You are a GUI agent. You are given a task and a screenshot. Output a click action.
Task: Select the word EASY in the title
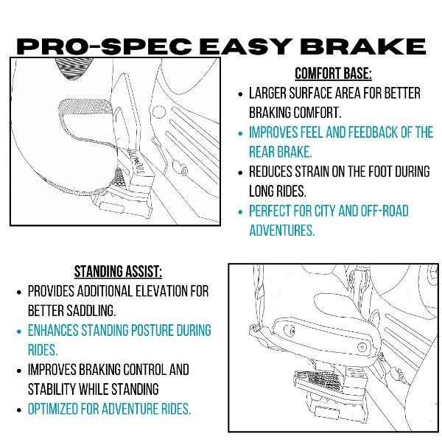pos(244,46)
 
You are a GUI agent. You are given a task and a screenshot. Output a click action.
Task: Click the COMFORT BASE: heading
pos(332,74)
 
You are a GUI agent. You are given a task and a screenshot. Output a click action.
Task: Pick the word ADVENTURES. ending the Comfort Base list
pos(281,231)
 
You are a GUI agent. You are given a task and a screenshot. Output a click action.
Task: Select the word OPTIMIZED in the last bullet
pos(60,408)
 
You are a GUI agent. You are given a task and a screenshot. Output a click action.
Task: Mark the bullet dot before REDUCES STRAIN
pos(240,172)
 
